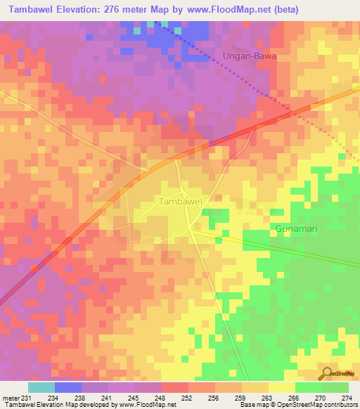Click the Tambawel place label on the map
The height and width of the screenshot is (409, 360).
click(x=181, y=201)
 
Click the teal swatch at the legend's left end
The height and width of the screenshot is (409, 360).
click(x=41, y=387)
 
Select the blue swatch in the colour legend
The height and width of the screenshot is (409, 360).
click(x=68, y=387)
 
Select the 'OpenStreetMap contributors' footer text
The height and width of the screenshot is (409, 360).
click(x=321, y=405)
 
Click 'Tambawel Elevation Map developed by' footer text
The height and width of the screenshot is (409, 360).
click(x=56, y=405)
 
